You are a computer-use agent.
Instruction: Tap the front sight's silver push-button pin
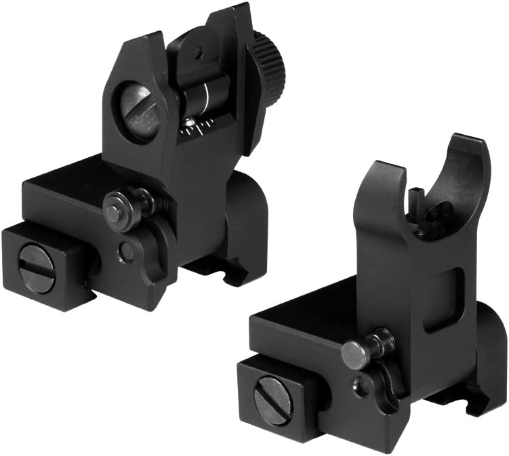(353, 354)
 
